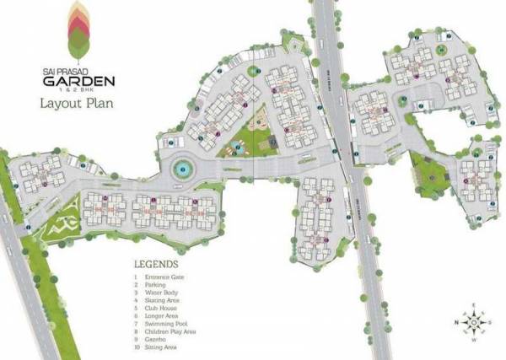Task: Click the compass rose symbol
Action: [x=475, y=322]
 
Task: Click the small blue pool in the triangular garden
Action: [x=239, y=148]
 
